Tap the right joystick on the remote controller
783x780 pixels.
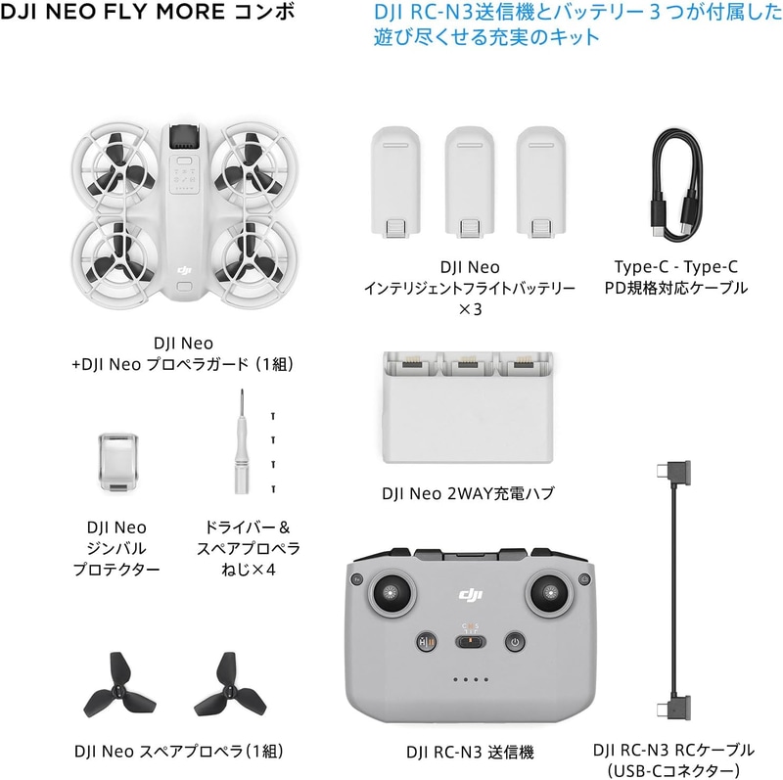550,594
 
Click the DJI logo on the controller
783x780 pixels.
471,594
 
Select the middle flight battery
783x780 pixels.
470,182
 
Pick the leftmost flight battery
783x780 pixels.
395,182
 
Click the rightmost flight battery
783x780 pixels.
541,182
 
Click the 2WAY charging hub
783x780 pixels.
468,407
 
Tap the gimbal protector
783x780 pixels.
117,462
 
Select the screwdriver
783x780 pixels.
242,442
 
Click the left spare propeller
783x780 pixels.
119,688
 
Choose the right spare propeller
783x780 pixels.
230,688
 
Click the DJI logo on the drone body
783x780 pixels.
184,271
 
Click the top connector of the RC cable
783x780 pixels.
673,473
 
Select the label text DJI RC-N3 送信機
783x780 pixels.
470,752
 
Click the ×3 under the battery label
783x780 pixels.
470,309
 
